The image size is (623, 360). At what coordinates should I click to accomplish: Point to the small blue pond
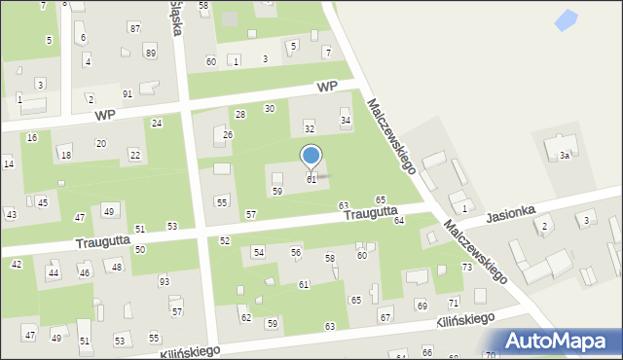(564, 18)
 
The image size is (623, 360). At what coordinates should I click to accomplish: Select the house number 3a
(564, 156)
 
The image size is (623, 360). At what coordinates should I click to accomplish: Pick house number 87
(134, 28)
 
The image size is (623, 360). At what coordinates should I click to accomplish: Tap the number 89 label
(150, 52)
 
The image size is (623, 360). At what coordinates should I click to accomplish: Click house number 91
(128, 93)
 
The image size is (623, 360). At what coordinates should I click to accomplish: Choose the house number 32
(310, 128)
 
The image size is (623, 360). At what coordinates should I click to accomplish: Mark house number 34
(345, 121)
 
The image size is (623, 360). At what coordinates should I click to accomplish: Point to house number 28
(239, 115)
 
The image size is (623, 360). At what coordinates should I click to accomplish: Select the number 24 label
(156, 124)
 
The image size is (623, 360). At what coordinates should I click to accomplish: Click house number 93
(164, 281)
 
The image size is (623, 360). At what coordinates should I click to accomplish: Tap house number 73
(467, 267)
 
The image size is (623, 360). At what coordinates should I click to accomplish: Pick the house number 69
(421, 306)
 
